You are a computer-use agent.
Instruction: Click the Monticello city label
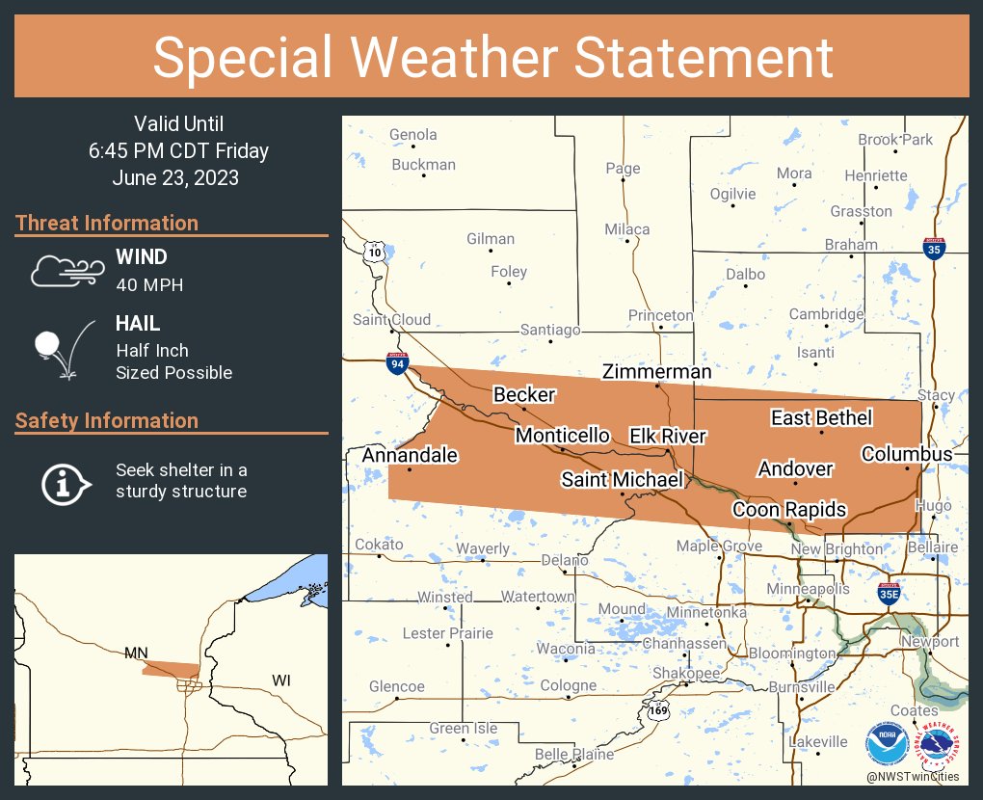click(562, 436)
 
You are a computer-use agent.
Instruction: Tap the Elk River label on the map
click(668, 436)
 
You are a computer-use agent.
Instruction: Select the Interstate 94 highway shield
click(397, 363)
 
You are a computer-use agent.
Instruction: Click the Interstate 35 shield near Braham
click(932, 248)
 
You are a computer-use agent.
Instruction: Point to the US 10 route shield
click(374, 252)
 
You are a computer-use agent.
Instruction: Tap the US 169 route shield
click(658, 711)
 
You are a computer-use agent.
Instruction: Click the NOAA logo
click(885, 743)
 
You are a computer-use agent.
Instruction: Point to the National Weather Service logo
click(939, 743)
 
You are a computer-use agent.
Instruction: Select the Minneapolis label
click(808, 588)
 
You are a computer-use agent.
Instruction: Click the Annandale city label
click(410, 455)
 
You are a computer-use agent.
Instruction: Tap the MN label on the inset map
click(136, 653)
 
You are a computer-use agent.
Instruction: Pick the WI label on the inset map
click(280, 680)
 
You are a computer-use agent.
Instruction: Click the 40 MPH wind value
click(149, 285)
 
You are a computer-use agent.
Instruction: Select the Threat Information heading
click(107, 223)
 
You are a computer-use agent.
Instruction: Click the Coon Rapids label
click(788, 509)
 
